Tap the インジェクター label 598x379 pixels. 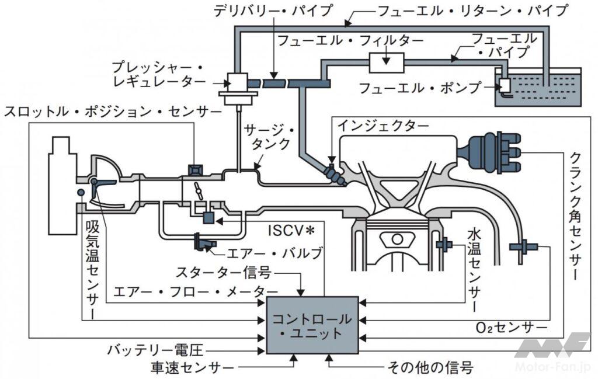pyautogui.click(x=383, y=126)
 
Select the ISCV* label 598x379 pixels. pyautogui.click(x=287, y=230)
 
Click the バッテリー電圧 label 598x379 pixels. pyautogui.click(x=154, y=350)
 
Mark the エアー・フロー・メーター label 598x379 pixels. pyautogui.click(x=195, y=291)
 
